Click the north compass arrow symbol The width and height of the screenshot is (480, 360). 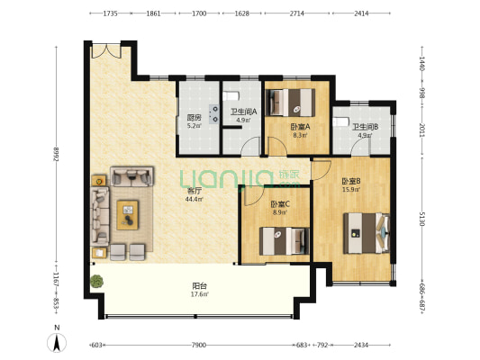(57, 342)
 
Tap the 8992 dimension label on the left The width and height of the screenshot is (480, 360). (56, 155)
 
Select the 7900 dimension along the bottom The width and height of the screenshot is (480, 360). (199, 346)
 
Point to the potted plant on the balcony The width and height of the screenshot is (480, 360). (96, 281)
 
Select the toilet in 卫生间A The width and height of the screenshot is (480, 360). (231, 96)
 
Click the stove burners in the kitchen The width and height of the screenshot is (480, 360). (214, 114)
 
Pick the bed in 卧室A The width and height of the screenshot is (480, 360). (290, 103)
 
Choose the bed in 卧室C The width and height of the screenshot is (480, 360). (285, 241)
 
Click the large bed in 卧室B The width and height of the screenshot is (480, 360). (367, 233)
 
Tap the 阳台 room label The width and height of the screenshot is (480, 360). (200, 286)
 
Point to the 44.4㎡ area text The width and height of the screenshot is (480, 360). (195, 200)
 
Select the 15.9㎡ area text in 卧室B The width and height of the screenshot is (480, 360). (351, 189)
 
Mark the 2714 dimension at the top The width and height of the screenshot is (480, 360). (296, 13)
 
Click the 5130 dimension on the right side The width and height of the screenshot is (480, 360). (422, 219)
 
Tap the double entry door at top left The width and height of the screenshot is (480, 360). (106, 51)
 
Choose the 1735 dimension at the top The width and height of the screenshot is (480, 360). (110, 13)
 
